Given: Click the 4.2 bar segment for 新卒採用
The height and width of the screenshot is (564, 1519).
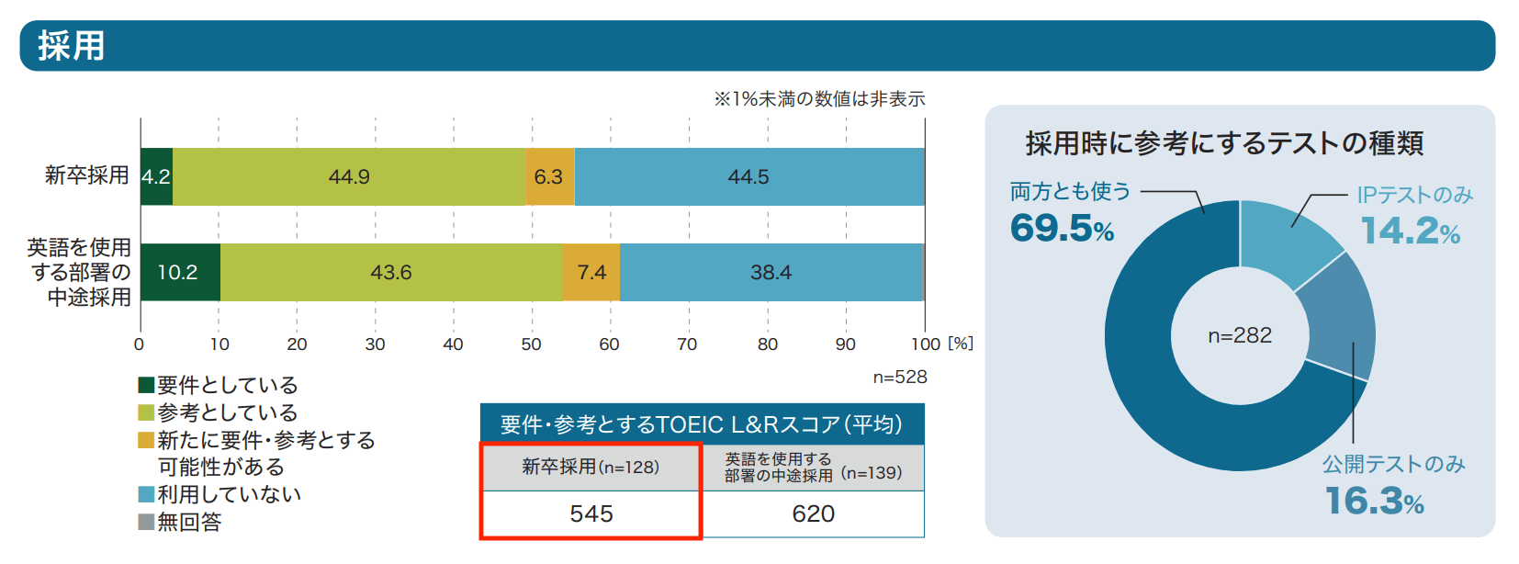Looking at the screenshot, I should click(x=156, y=176).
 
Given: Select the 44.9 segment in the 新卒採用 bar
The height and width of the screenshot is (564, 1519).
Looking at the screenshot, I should click(x=349, y=176).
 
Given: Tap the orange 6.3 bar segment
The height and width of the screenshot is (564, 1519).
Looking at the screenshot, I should click(x=549, y=176).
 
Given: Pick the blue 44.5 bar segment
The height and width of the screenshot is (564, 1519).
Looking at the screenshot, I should click(x=748, y=176).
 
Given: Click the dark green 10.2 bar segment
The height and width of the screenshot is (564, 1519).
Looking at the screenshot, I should click(x=179, y=272).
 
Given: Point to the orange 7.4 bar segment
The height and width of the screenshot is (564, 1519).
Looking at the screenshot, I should click(x=591, y=272).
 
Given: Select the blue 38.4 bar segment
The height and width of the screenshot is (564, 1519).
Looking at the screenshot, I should click(x=771, y=272).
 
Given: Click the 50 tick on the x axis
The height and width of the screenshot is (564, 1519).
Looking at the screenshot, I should click(x=531, y=344).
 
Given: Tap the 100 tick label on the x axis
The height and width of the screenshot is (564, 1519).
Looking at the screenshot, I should click(x=926, y=344).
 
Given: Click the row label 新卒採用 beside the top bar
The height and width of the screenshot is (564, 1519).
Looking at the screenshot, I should click(x=87, y=175).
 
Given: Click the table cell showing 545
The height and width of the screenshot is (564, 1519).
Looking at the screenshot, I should click(x=591, y=514).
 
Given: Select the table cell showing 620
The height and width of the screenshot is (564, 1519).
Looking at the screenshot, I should click(x=814, y=514).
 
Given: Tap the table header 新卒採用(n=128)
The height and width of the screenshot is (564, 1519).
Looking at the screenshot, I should click(x=591, y=467).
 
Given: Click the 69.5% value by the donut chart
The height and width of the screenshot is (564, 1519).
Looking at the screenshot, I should click(x=1062, y=228).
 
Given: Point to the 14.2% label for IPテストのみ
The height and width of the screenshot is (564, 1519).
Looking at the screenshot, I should click(x=1410, y=231).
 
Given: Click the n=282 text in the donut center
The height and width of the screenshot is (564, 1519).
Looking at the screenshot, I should click(x=1240, y=335).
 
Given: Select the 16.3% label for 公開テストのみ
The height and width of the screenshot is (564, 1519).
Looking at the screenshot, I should click(x=1374, y=501).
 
